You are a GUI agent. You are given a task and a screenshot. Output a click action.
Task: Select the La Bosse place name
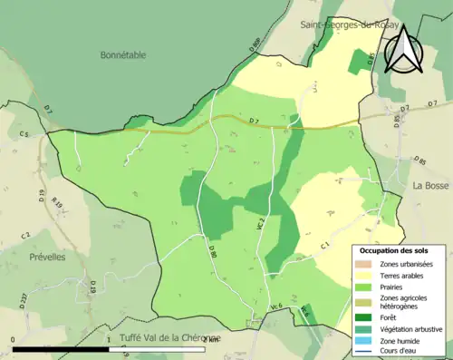coord(431,185)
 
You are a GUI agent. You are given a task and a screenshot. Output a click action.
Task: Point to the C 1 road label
coord(323,244)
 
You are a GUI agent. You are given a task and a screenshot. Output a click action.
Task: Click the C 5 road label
coord(24,135)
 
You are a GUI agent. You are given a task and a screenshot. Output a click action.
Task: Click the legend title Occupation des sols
coord(396,248)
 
